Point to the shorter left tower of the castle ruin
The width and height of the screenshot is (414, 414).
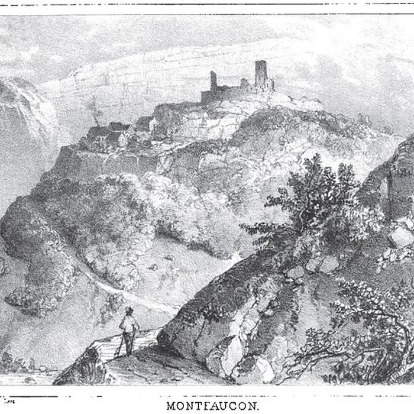point(214,80)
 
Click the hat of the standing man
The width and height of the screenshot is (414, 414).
point(129,310)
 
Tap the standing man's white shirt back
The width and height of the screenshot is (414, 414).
point(128,324)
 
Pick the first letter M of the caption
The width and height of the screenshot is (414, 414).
point(172,406)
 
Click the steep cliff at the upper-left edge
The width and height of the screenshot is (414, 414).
point(21,118)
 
